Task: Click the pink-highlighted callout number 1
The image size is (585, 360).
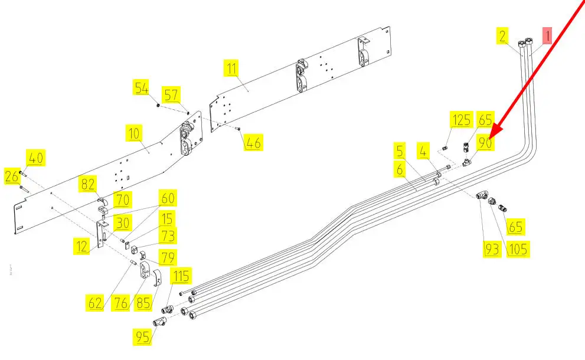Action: pyautogui.click(x=547, y=36)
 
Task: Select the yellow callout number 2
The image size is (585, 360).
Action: pyautogui.click(x=502, y=36)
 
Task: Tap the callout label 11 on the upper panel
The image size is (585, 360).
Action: pyautogui.click(x=231, y=68)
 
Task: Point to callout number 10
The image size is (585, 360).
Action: pyautogui.click(x=133, y=133)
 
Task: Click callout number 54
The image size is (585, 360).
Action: pyautogui.click(x=141, y=88)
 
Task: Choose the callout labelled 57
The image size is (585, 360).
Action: pyautogui.click(x=171, y=95)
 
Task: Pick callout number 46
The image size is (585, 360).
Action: pyautogui.click(x=254, y=142)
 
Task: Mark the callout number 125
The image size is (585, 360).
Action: pyautogui.click(x=462, y=120)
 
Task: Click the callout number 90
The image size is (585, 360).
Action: pyautogui.click(x=485, y=142)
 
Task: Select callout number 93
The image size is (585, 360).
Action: pyautogui.click(x=492, y=249)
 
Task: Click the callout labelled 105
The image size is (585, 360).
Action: pyautogui.click(x=518, y=249)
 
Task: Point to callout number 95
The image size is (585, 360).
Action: pyautogui.click(x=142, y=337)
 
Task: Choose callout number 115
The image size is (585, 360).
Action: pyautogui.click(x=181, y=276)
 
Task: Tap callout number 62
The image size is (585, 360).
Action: pyautogui.click(x=95, y=303)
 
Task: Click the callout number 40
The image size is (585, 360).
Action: pyautogui.click(x=36, y=158)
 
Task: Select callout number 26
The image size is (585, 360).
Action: pyautogui.click(x=12, y=176)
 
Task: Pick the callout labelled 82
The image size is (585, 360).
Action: pyautogui.click(x=88, y=184)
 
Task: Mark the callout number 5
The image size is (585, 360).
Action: pyautogui.click(x=400, y=150)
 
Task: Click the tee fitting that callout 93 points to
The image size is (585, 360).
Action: pyautogui.click(x=482, y=195)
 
